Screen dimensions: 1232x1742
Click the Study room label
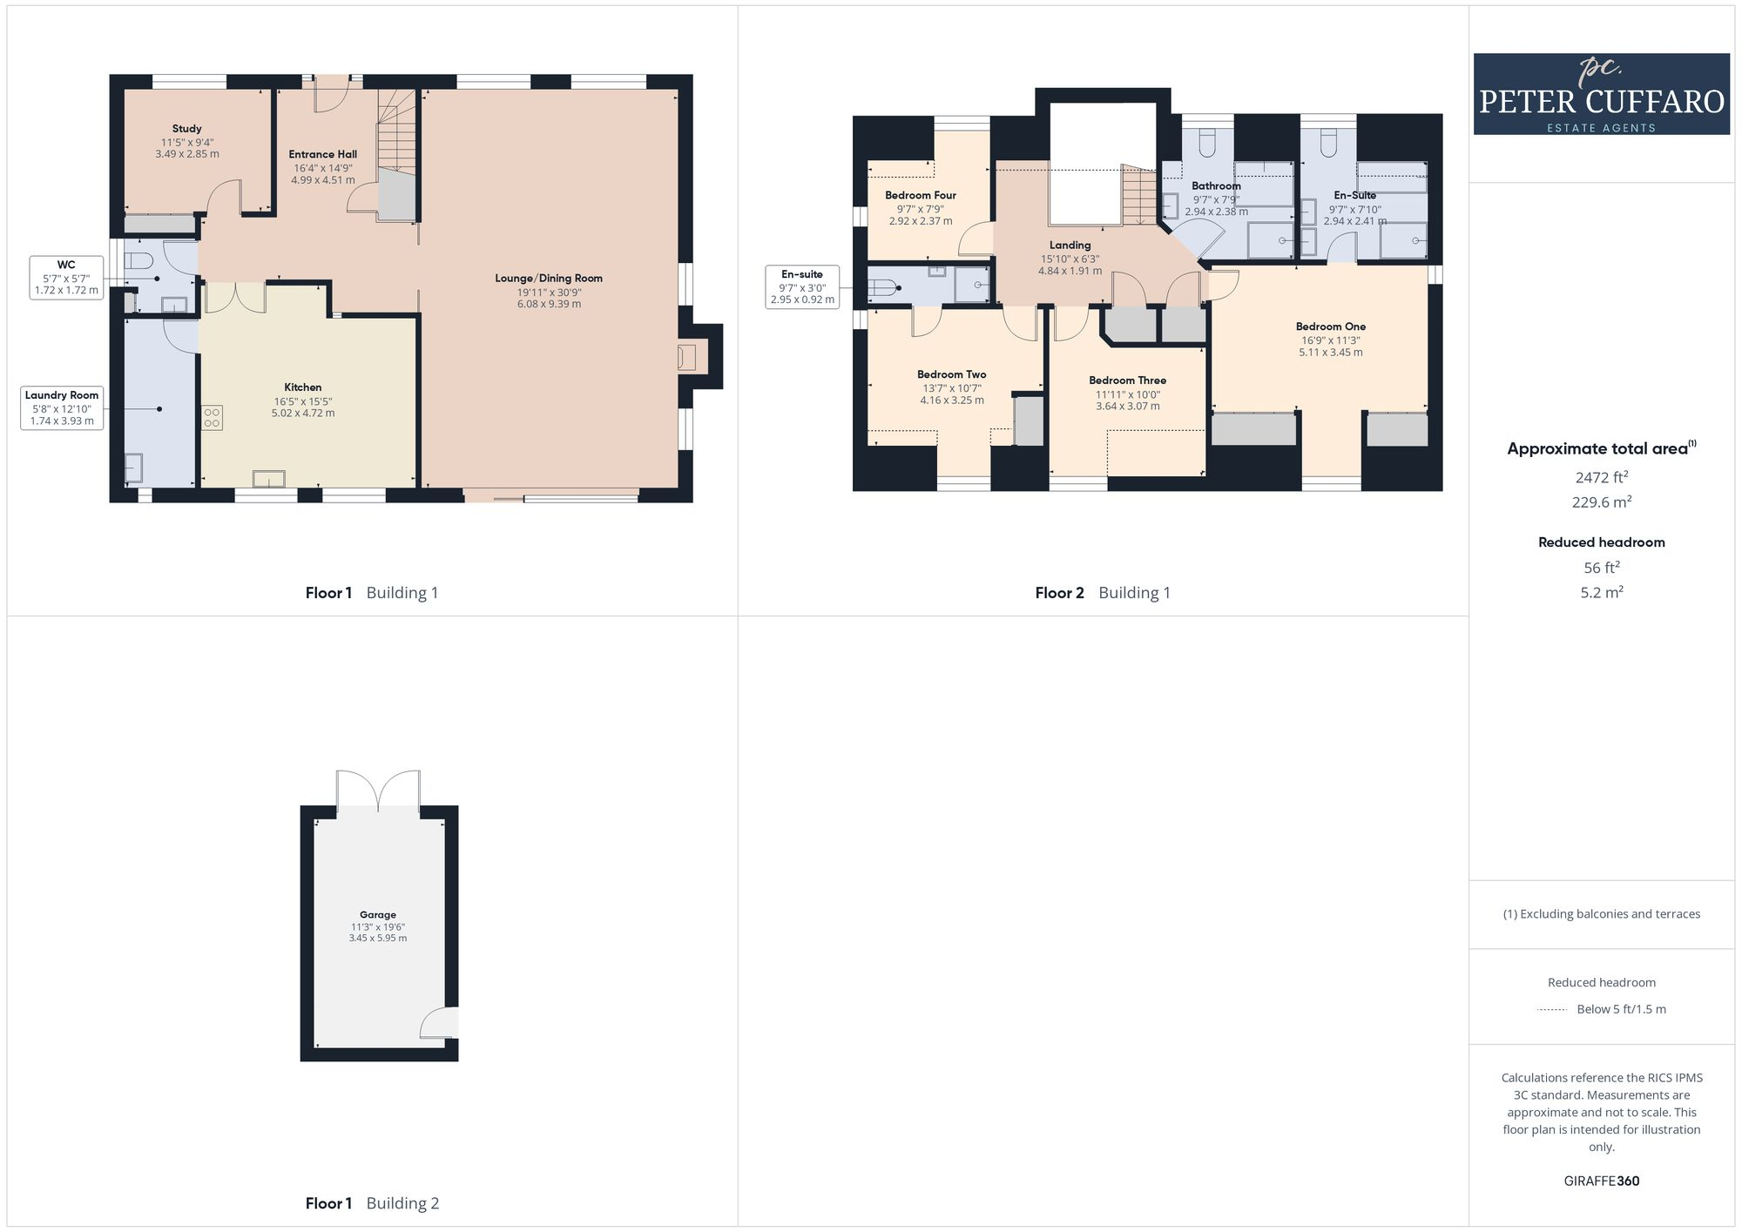pos(186,129)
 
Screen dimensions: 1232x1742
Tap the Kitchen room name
pos(302,387)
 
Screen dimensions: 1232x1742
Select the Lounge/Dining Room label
pos(549,279)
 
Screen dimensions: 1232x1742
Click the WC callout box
pos(66,278)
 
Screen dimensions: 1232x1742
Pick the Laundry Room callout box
pos(61,407)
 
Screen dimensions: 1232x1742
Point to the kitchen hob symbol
pos(212,418)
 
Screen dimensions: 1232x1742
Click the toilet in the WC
pos(138,260)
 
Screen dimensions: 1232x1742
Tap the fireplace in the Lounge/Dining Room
pos(686,357)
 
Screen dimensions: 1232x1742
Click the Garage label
pos(378,914)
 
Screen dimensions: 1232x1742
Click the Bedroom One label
pos(1330,327)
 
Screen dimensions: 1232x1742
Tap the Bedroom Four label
pos(921,195)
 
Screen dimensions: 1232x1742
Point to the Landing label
pos(1070,246)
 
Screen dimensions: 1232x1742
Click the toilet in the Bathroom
pos(1207,144)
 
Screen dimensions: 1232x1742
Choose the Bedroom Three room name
pos(1127,380)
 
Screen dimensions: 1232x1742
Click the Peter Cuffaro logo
pos(1601,94)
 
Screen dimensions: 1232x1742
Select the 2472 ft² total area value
pos(1601,477)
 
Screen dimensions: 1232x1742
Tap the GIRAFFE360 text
pos(1601,1182)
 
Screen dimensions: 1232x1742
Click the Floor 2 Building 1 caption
pos(1102,593)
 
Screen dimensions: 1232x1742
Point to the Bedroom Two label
pos(951,374)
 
